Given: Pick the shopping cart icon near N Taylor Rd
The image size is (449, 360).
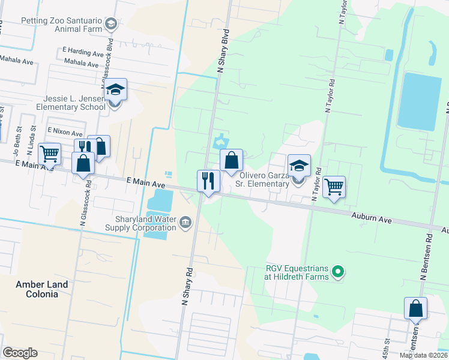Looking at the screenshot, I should (334, 187).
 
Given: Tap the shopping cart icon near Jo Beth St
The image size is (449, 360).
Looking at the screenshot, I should (50, 154).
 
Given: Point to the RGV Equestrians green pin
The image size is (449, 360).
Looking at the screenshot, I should (339, 272).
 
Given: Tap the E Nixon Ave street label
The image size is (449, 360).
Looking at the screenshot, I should (64, 131).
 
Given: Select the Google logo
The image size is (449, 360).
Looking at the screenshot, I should (20, 353).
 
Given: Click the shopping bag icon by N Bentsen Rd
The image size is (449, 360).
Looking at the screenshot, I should (415, 308).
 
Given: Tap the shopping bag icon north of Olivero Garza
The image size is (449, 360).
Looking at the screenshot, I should (231, 161).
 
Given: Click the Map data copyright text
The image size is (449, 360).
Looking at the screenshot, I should (423, 355).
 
